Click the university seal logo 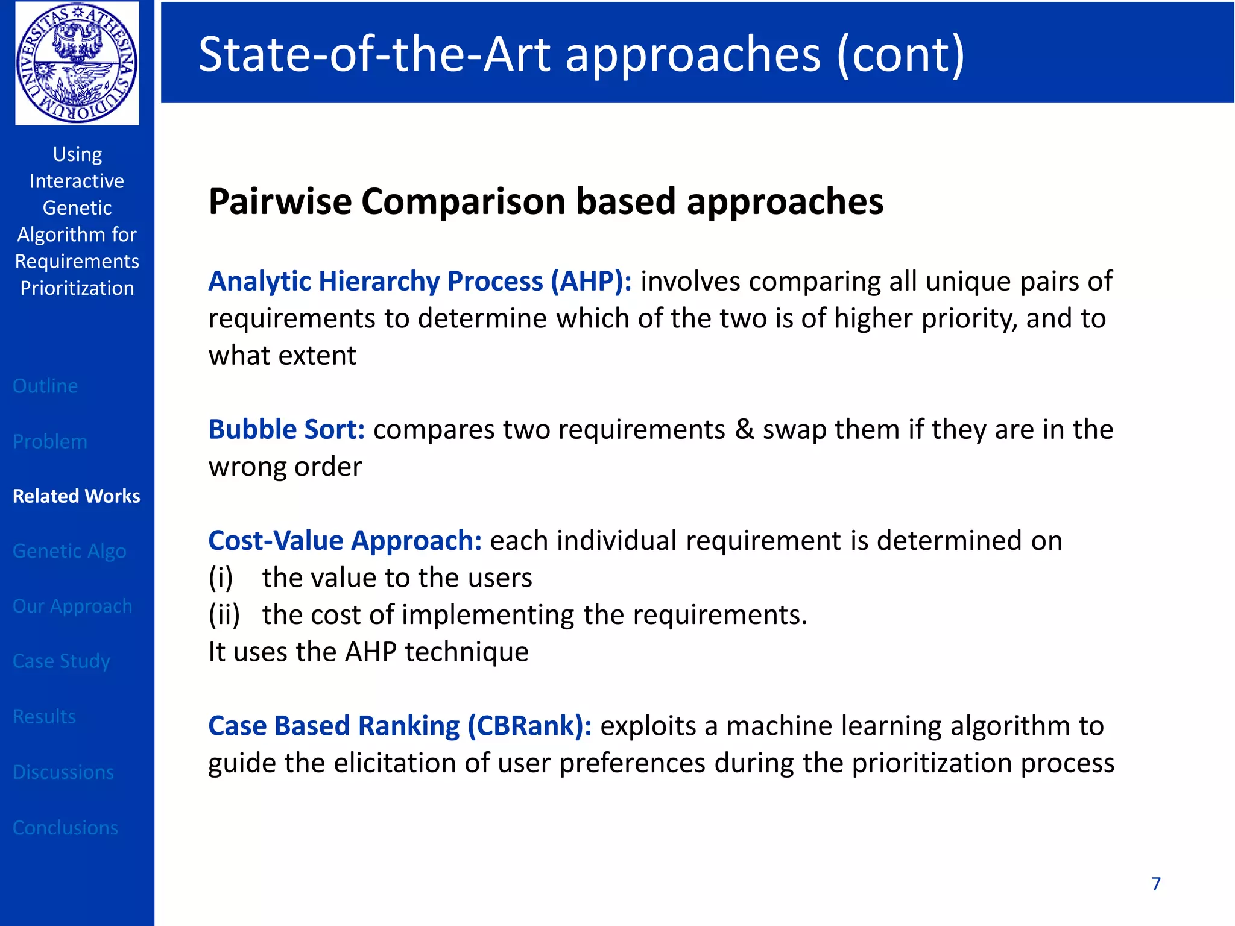(x=77, y=63)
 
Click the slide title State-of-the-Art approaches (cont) (x=581, y=54)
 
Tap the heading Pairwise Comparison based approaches (x=545, y=201)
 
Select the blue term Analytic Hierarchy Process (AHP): (x=420, y=282)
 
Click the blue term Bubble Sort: (x=286, y=430)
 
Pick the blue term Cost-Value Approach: (x=344, y=541)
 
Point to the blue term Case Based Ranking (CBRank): (x=399, y=726)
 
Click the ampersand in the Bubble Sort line (x=744, y=430)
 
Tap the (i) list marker (x=221, y=578)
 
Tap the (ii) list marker (x=224, y=615)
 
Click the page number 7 (x=1155, y=884)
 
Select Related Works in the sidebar (x=77, y=496)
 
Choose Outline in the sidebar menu (x=45, y=386)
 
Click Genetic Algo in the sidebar (x=69, y=551)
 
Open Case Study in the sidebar (x=61, y=661)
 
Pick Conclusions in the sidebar (x=65, y=828)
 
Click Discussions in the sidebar (x=63, y=772)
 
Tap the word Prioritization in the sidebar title (x=77, y=288)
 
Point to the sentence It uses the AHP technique (x=368, y=652)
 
